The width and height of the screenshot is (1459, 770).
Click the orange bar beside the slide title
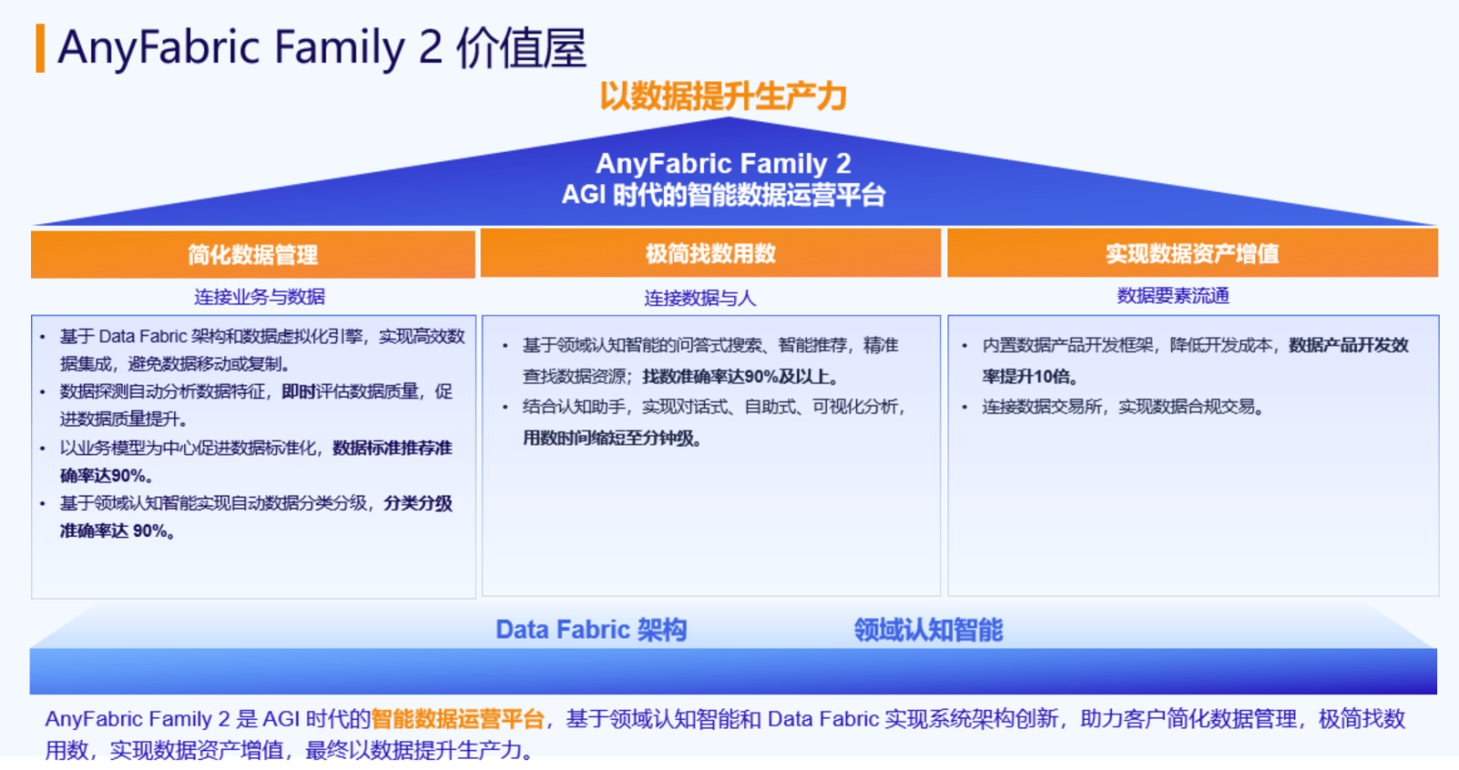40,48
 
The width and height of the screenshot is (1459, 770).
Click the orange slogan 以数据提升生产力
723,97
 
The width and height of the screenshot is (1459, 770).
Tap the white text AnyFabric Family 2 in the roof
723,163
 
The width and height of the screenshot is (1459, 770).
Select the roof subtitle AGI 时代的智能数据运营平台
723,195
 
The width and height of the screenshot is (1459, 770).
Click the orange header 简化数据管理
253,254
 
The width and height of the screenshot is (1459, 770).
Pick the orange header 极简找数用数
710,253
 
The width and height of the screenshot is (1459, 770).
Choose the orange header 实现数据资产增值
1192,253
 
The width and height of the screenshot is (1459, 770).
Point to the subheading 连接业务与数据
259,297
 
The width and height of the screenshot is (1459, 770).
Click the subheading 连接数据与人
700,298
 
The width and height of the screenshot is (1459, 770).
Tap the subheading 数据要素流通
1173,296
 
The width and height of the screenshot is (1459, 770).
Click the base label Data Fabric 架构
591,630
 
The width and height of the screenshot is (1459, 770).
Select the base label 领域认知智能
928,630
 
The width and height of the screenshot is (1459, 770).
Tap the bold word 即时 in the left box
298,391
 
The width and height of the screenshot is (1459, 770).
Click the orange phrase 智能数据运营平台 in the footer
457,719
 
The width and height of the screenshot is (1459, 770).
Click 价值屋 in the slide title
521,48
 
